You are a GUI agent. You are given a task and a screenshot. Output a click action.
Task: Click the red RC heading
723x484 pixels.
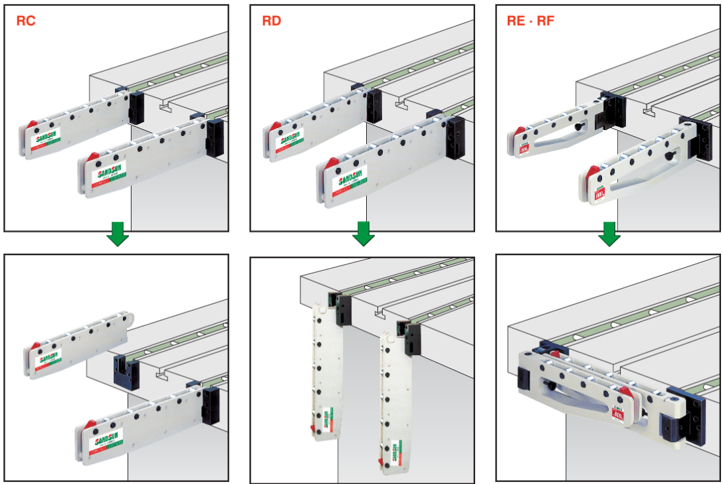[x=26, y=21]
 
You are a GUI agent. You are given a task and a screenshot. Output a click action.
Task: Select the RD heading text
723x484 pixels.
[x=271, y=21]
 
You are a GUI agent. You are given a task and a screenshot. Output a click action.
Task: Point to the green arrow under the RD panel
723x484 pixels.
[x=363, y=234]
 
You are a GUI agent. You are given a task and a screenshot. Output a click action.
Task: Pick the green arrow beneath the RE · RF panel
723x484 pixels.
[x=609, y=234]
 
